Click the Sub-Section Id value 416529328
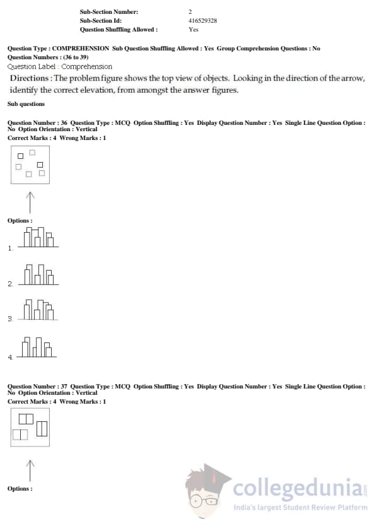[x=202, y=21]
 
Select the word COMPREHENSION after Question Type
[x=81, y=49]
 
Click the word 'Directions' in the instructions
[x=29, y=78]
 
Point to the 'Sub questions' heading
[x=26, y=104]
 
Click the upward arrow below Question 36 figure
[x=30, y=202]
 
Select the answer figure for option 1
[x=38, y=237]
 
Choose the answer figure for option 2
[x=38, y=274]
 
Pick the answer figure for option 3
[x=38, y=310]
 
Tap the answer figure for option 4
[x=37, y=347]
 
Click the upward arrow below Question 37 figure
[x=30, y=470]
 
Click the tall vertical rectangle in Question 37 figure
[x=42, y=428]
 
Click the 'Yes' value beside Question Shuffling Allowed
[x=193, y=30]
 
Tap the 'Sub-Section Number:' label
[x=109, y=12]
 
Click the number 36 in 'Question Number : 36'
[x=64, y=123]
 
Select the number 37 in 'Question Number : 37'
[x=64, y=387]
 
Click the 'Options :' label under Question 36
[x=20, y=221]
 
